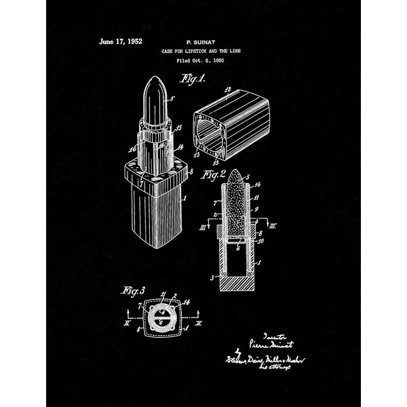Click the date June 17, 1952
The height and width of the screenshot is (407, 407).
pos(121,41)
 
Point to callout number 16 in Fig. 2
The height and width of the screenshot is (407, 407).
pos(258,184)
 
